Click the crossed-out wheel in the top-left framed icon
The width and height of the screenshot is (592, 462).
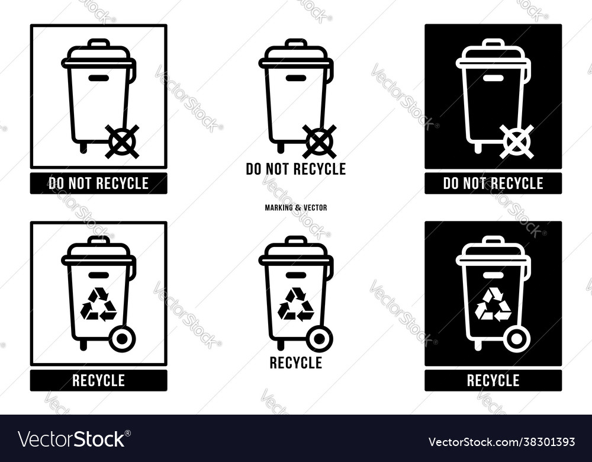tap(122, 142)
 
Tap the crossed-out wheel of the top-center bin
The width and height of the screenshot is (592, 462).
tap(319, 142)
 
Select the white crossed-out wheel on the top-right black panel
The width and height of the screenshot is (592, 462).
tap(517, 142)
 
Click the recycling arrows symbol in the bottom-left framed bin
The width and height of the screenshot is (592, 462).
tap(98, 304)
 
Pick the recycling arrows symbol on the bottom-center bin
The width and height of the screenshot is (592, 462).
tap(295, 304)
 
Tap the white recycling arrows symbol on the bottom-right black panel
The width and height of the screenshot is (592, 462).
tap(493, 304)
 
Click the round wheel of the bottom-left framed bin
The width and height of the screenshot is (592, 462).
tap(122, 339)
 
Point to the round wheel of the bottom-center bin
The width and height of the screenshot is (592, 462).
tap(319, 339)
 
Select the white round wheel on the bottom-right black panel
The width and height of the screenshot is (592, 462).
tap(516, 339)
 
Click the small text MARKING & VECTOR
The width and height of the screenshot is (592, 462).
tap(295, 208)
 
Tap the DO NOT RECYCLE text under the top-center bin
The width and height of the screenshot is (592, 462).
tap(295, 169)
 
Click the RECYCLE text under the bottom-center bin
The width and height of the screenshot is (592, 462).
tap(295, 362)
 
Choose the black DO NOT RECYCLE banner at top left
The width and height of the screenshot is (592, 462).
tap(98, 184)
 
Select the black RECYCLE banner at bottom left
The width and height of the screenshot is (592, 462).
tap(98, 380)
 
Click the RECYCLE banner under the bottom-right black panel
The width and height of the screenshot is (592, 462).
tap(493, 380)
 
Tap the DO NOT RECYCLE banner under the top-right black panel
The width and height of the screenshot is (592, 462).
tap(493, 184)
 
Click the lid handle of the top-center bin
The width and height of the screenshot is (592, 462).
tap(295, 43)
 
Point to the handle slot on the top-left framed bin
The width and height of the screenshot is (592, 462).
tap(98, 78)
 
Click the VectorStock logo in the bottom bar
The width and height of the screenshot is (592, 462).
tap(72, 439)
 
